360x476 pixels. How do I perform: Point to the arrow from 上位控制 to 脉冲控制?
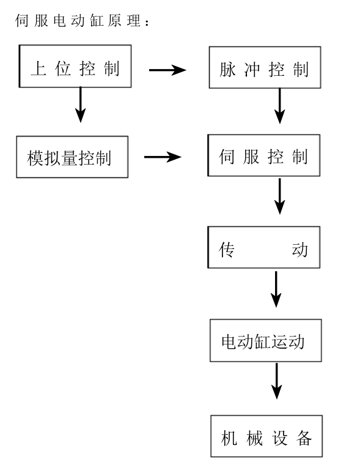pos(167,70)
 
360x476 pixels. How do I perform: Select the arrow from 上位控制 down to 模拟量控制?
pos(80,105)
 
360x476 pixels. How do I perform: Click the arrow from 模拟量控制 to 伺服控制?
pos(163,157)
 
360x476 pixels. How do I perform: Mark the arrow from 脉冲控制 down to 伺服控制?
pos(279,106)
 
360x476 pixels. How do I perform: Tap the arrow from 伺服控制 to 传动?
pos(279,196)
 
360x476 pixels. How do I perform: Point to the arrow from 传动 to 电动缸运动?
pos(276,289)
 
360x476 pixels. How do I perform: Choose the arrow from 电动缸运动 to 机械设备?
pos(277,381)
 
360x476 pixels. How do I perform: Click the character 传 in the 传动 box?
pos(227,250)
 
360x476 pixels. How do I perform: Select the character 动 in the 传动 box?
pos(299,250)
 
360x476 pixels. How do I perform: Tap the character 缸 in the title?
pos(97,21)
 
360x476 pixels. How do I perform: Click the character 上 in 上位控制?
pos(39,69)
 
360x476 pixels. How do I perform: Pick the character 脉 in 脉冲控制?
pos(228,70)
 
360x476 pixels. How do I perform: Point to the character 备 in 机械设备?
pos(304,438)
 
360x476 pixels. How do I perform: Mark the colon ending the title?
pos(147,23)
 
